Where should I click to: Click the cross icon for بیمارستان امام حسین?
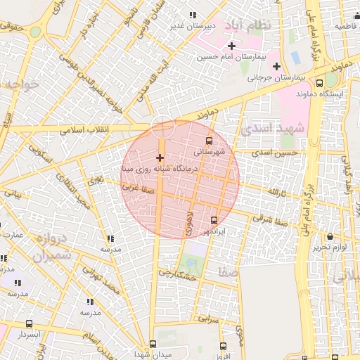point(231,46)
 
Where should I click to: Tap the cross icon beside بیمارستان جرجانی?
point(277,65)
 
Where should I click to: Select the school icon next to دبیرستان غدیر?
point(193,15)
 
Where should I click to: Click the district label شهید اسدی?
point(273,129)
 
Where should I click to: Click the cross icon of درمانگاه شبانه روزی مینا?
point(160,157)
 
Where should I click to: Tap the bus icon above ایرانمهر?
point(214,221)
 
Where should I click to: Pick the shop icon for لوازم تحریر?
point(330,237)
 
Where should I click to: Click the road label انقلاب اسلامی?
point(81,131)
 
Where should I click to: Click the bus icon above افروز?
point(223,346)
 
